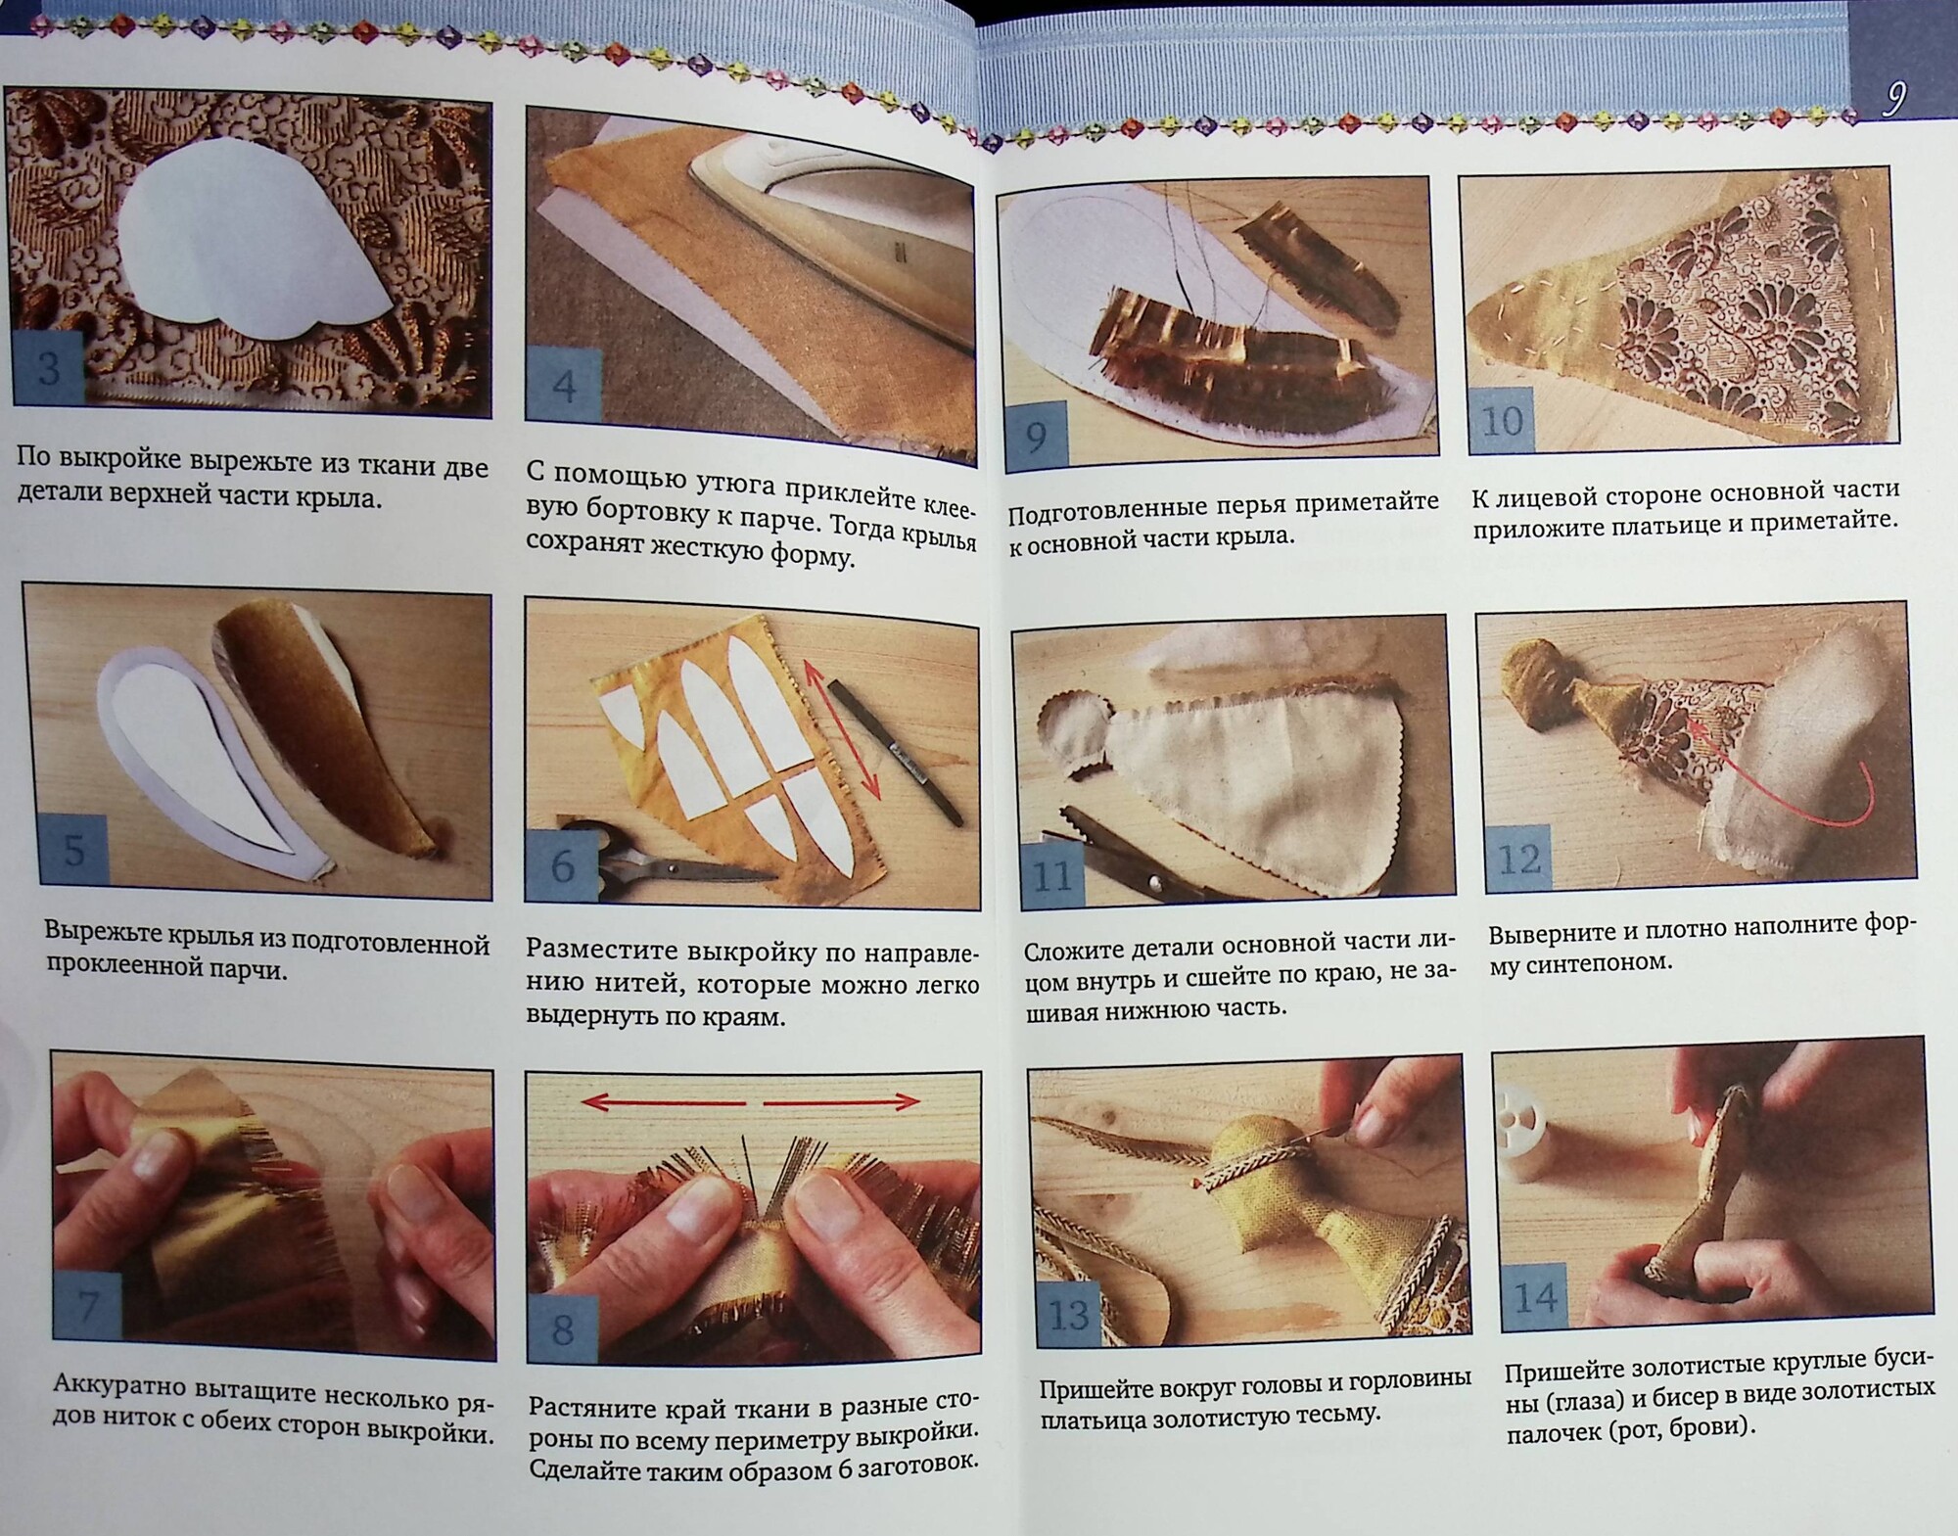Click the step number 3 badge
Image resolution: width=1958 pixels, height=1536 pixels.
(49, 369)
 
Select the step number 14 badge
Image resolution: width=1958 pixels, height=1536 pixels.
(1535, 1298)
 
